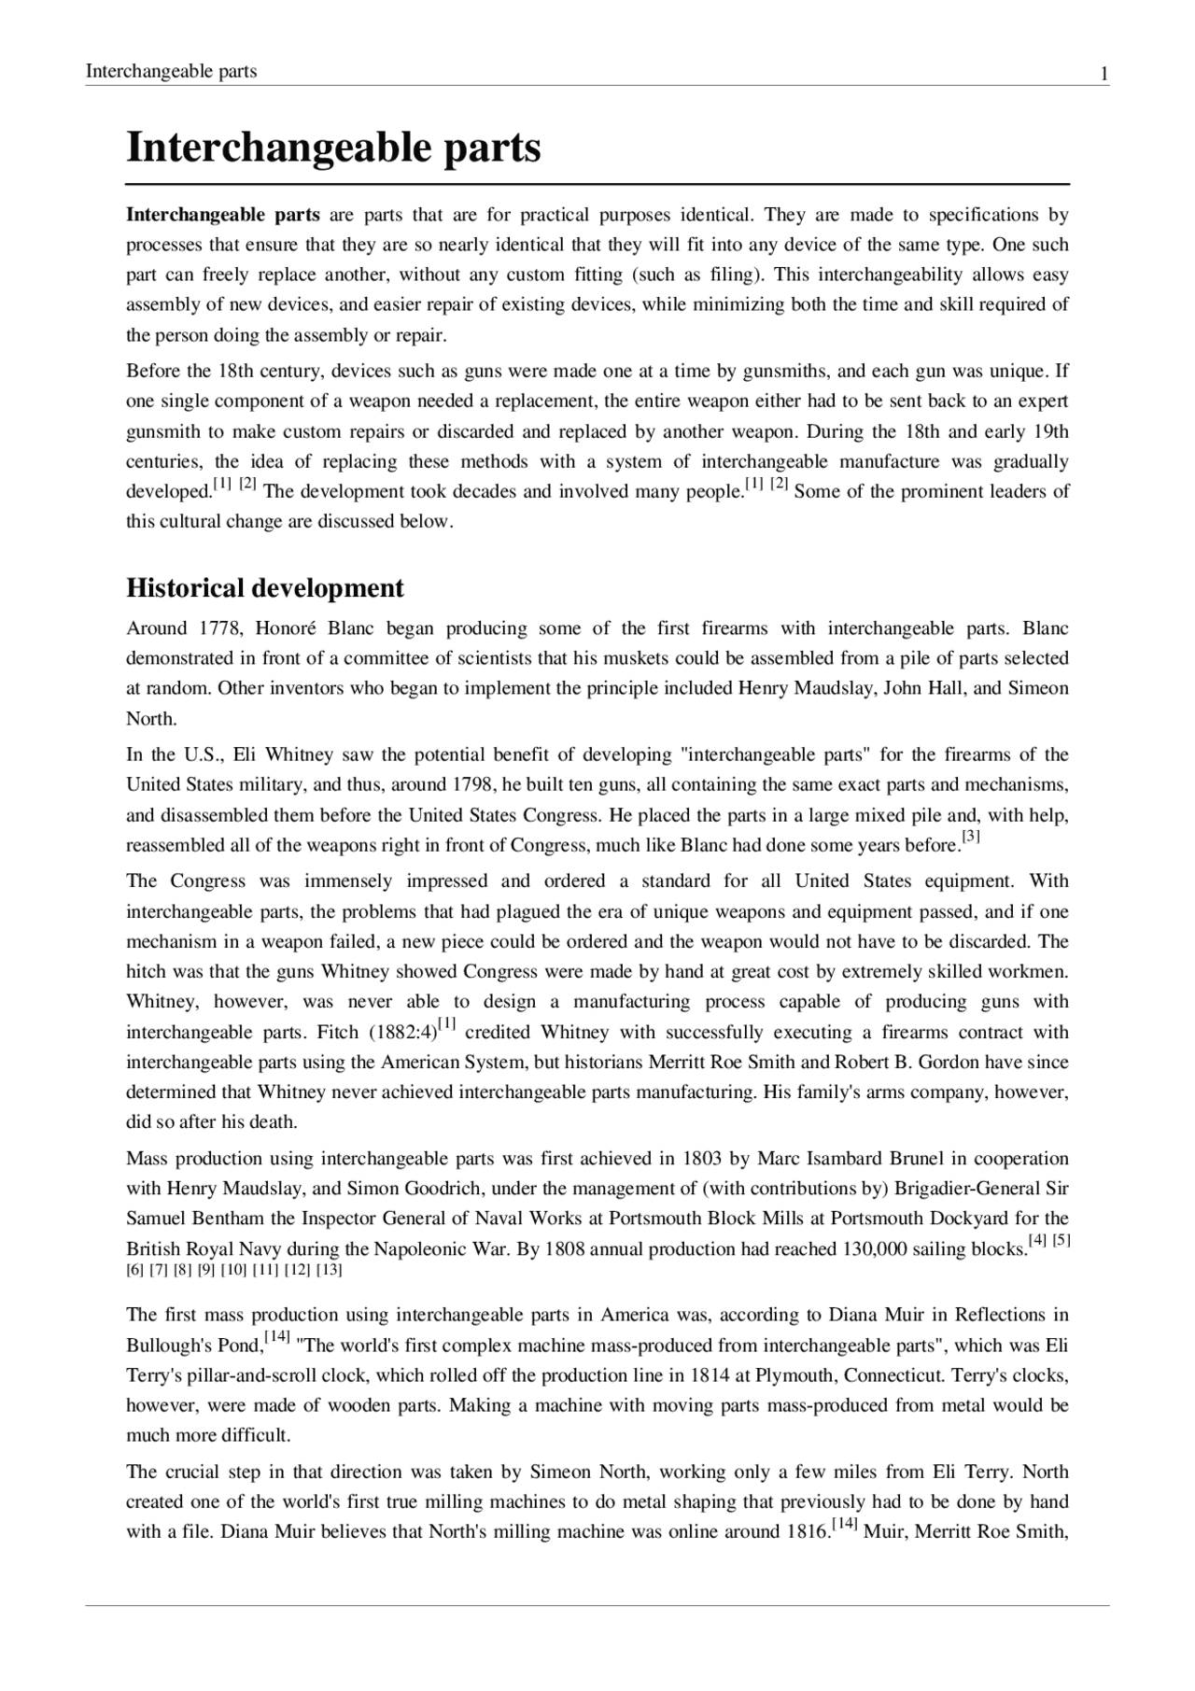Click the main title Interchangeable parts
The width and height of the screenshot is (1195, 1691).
click(x=333, y=148)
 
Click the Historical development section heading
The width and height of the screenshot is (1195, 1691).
click(x=265, y=588)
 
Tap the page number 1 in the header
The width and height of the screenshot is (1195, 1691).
click(x=1104, y=72)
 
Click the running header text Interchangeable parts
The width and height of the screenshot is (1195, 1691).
click(x=171, y=71)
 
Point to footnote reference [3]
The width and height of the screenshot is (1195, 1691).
click(x=971, y=838)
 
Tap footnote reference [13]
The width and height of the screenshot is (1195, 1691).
click(x=330, y=1270)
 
